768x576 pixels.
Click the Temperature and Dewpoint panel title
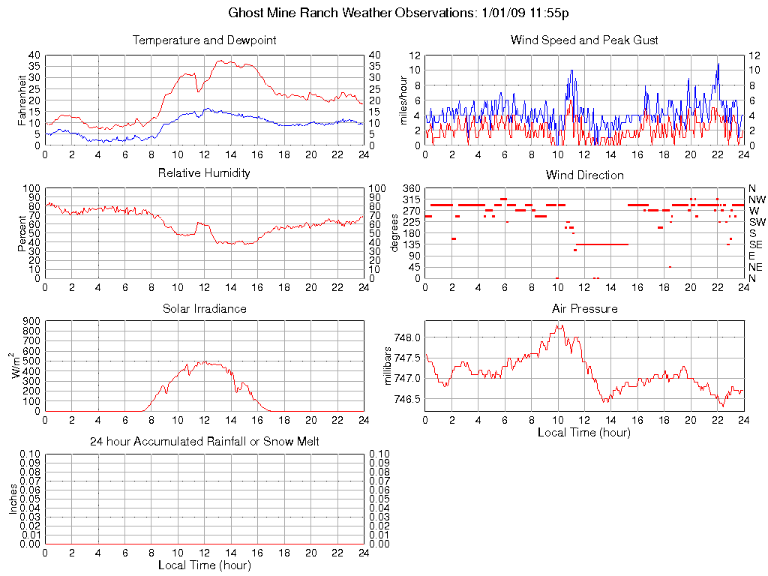pyautogui.click(x=204, y=40)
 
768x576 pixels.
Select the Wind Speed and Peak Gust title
pyautogui.click(x=584, y=40)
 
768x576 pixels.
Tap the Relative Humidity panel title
pyautogui.click(x=204, y=173)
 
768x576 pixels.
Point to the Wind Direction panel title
pyautogui.click(x=584, y=175)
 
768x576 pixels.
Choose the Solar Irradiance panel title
pyautogui.click(x=204, y=308)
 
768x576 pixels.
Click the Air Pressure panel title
pyautogui.click(x=584, y=308)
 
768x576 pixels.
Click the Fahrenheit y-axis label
pyautogui.click(x=23, y=100)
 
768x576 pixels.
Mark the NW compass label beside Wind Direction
pyautogui.click(x=757, y=199)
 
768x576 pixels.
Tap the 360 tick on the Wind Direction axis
pyautogui.click(x=411, y=187)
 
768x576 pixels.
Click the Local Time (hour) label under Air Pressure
pyautogui.click(x=584, y=433)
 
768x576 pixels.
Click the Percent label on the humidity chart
pyautogui.click(x=23, y=233)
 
